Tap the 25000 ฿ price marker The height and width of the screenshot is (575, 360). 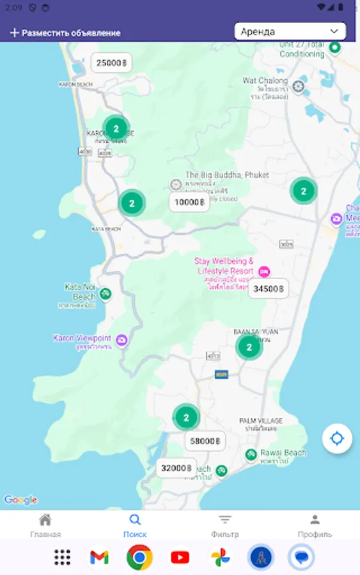click(111, 63)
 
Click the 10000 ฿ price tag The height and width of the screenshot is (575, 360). click(189, 203)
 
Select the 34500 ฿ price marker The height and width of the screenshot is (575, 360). click(268, 289)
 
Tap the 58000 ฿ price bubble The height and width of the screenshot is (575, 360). click(205, 441)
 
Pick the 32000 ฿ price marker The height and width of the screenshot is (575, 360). click(176, 468)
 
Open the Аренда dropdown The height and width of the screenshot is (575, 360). click(290, 31)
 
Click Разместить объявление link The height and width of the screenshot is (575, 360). click(65, 33)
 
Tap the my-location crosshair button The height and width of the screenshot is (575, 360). click(337, 439)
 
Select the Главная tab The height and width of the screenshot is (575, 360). click(45, 526)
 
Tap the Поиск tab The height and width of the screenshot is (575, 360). click(135, 526)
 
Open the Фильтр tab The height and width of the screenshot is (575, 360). click(224, 526)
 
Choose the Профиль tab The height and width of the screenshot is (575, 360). click(315, 526)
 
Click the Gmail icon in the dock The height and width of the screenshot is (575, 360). click(99, 558)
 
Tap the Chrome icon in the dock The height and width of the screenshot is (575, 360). click(139, 558)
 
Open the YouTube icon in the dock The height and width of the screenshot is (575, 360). click(180, 558)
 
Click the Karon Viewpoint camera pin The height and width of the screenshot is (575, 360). click(121, 341)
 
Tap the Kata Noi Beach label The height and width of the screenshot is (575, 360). click(80, 292)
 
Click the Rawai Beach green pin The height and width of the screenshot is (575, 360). click(251, 455)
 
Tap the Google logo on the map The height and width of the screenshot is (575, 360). click(20, 500)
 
